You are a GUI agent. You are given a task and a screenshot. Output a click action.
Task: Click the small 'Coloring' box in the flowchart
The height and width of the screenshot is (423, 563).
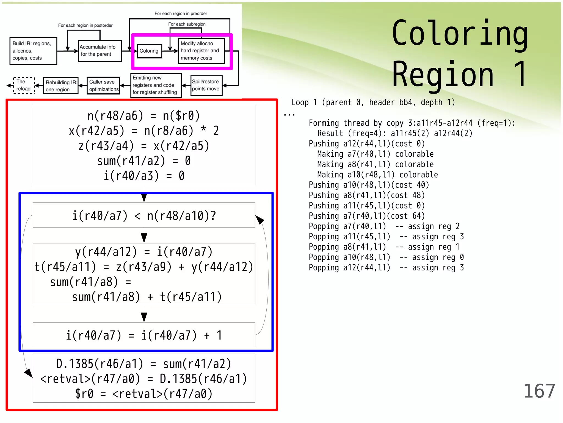pyautogui.click(x=149, y=51)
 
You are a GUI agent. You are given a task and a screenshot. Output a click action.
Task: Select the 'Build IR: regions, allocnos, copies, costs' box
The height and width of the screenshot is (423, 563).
pyautogui.click(x=33, y=51)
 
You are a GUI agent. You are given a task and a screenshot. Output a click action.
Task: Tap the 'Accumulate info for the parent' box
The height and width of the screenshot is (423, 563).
pyautogui.click(x=100, y=51)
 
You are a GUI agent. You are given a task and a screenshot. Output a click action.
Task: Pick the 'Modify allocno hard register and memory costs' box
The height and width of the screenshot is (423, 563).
pyautogui.click(x=201, y=51)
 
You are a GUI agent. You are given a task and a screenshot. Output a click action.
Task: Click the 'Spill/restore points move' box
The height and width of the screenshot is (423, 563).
pyautogui.click(x=206, y=85)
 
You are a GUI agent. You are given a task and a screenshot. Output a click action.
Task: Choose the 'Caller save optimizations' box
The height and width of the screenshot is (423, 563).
pyautogui.click(x=103, y=86)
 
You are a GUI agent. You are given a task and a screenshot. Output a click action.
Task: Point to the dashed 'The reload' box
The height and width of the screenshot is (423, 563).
pyautogui.click(x=24, y=85)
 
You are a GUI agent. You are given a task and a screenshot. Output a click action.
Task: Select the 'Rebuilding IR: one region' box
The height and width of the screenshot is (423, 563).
pyautogui.click(x=61, y=86)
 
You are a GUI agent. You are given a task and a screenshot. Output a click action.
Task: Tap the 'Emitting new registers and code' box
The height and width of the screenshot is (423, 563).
pyautogui.click(x=156, y=85)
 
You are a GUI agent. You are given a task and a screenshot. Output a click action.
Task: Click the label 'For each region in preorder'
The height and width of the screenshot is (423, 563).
pyautogui.click(x=181, y=13)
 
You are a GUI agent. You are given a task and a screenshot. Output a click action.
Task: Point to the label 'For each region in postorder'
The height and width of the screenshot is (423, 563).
pyautogui.click(x=85, y=25)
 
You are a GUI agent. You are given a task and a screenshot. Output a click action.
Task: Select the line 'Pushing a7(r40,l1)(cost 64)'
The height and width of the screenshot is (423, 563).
pyautogui.click(x=367, y=216)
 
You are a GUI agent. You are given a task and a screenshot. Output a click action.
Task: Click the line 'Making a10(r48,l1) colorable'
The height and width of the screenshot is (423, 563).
pyautogui.click(x=377, y=175)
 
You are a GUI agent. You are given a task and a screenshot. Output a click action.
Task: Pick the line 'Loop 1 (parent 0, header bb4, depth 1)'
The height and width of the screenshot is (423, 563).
pyautogui.click(x=373, y=102)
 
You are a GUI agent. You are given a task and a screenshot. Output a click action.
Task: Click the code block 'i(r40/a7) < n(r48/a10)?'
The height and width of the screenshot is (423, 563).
pyautogui.click(x=144, y=216)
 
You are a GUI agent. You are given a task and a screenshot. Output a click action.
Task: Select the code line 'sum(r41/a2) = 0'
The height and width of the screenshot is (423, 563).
pyautogui.click(x=144, y=161)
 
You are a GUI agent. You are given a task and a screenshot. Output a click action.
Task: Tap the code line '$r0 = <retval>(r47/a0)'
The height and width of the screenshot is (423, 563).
pyautogui.click(x=144, y=394)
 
